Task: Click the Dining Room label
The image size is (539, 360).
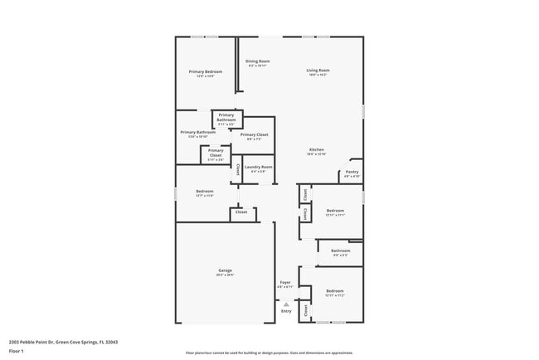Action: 257,61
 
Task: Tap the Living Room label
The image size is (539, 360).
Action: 318,71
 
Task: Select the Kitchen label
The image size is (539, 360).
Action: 316,149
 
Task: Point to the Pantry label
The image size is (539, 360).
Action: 352,172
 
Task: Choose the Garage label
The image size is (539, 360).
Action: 225,270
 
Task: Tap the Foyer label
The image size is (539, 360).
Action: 285,282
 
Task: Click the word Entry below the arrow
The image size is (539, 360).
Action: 286,311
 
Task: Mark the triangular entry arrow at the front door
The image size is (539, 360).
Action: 286,304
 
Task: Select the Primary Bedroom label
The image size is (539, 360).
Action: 206,71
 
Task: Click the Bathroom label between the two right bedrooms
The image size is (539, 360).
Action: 341,251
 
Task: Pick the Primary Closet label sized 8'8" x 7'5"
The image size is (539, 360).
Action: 254,134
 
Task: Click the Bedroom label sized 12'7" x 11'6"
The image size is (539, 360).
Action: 205,192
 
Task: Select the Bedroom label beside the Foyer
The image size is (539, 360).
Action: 334,291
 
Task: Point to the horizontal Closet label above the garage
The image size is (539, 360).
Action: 241,212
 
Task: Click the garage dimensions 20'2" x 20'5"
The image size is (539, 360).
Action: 225,275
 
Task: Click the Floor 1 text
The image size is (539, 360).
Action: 17,351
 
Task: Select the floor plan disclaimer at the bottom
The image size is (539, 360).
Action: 269,352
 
